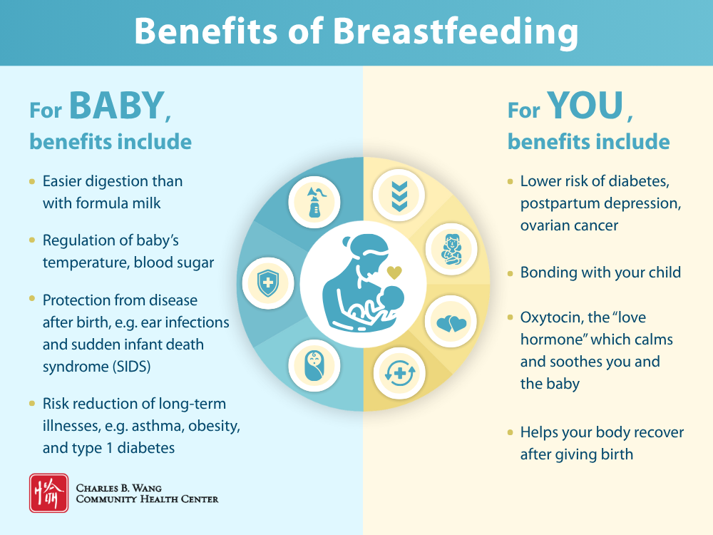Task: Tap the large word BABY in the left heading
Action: click(117, 106)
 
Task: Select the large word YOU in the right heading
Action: click(585, 106)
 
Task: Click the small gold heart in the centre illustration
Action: click(394, 272)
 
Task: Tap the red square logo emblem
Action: click(48, 493)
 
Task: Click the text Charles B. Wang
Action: click(119, 488)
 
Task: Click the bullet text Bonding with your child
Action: click(600, 272)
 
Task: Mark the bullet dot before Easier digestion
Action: click(32, 181)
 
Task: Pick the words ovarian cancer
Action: click(569, 225)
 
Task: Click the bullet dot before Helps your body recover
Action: click(510, 432)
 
